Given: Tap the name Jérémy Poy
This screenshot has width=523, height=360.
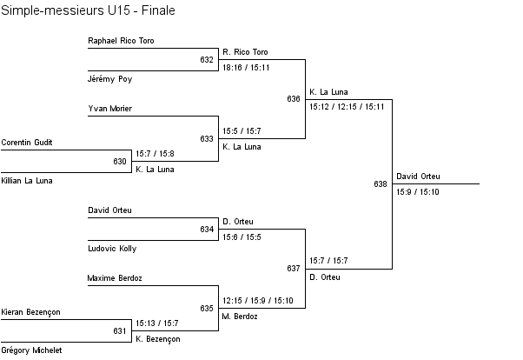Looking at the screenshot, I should pos(110,78).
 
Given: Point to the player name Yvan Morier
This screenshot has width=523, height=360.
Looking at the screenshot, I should pos(110,109).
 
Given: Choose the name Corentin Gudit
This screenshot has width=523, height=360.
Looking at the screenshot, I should pos(27,142).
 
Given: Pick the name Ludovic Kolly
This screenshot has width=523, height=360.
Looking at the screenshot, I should pos(112,248).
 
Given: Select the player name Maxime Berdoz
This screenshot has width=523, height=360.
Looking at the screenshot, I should pos(115,278).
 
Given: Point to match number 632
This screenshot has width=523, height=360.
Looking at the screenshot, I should pos(207,60).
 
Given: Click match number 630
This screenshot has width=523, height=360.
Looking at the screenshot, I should pos(120,162).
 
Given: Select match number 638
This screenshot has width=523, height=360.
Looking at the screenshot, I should pos(381,184).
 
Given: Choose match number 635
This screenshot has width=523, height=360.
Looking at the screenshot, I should pos(207,309).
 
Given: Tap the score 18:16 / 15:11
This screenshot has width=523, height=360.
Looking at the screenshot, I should pos(246,67).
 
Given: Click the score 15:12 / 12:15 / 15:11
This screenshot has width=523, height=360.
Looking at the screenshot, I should pos(347,106).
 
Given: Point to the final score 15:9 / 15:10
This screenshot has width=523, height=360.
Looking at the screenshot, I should pos(418,191).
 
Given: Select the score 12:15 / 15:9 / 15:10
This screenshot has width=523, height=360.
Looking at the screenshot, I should pos(258,301).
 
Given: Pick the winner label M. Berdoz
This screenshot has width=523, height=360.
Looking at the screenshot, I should pos(241,317).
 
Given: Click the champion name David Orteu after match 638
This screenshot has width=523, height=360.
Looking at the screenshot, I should pos(419,177).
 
